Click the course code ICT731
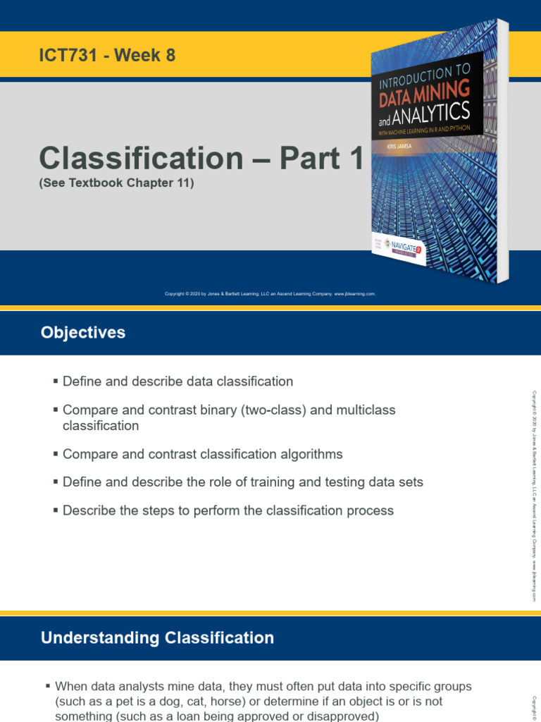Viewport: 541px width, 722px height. pos(68,56)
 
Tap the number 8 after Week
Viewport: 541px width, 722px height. pos(170,56)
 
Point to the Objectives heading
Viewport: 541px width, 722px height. pos(83,333)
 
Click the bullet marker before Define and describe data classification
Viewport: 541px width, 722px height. pos(56,381)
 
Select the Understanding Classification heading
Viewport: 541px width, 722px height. pos(157,638)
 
